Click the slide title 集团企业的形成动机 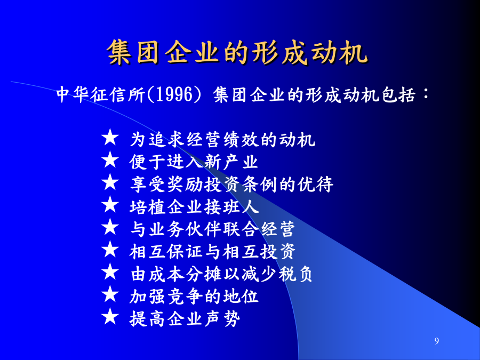pos(237,52)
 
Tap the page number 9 pos(436,341)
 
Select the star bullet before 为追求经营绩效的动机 pos(110,137)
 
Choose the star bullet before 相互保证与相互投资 pos(110,249)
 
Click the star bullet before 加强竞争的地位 pos(110,294)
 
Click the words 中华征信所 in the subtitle pos(101,94)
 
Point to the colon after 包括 pos(426,93)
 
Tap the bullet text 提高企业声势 pos(185,319)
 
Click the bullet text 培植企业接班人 pos(194,206)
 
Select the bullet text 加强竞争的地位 pos(194,296)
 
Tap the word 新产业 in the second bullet pos(231,162)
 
